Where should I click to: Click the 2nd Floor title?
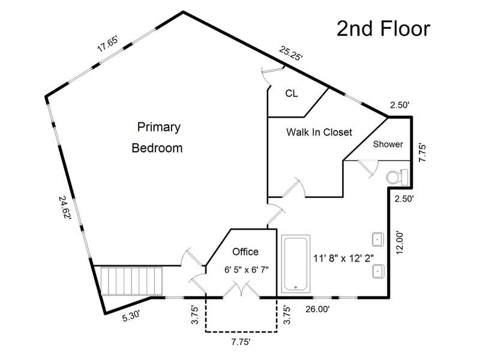[x=383, y=29]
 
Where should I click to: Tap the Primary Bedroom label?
[x=157, y=137]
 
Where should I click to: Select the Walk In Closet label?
[x=319, y=132]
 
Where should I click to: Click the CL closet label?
[x=291, y=94]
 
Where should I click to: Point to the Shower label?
[x=388, y=144]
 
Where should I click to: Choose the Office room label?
[x=245, y=251]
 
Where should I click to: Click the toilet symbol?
[x=397, y=177]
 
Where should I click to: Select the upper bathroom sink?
[x=378, y=239]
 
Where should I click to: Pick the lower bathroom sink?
[x=378, y=271]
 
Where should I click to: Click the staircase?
[x=131, y=281]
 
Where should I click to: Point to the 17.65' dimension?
[x=107, y=44]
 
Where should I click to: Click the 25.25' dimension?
[x=291, y=53]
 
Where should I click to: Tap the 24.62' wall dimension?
[x=65, y=208]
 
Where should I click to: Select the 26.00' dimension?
[x=317, y=309]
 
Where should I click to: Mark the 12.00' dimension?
[x=400, y=242]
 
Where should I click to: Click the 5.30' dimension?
[x=131, y=316]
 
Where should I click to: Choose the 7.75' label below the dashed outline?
[x=241, y=342]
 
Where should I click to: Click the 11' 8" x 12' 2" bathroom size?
[x=343, y=259]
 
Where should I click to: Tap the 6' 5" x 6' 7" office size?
[x=247, y=269]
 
